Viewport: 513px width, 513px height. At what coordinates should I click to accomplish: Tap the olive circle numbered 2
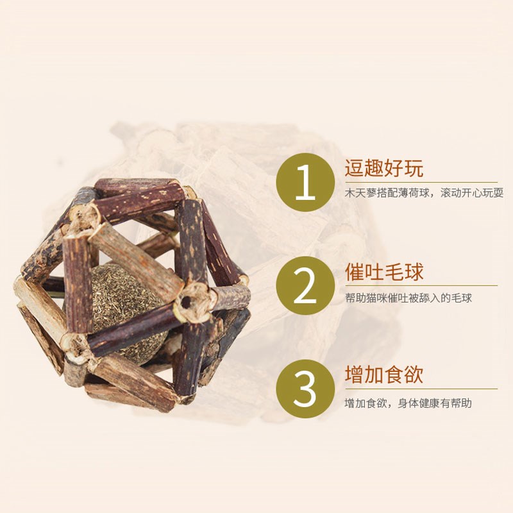[x=306, y=287]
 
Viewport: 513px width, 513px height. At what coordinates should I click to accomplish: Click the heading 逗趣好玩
[x=384, y=170]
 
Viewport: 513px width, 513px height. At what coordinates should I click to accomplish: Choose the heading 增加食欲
[x=384, y=375]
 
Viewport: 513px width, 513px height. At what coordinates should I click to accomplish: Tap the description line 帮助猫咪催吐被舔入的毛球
[x=408, y=298]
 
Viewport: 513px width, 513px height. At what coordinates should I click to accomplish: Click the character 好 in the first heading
[x=394, y=170]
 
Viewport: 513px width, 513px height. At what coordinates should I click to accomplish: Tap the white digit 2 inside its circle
[x=306, y=287]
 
